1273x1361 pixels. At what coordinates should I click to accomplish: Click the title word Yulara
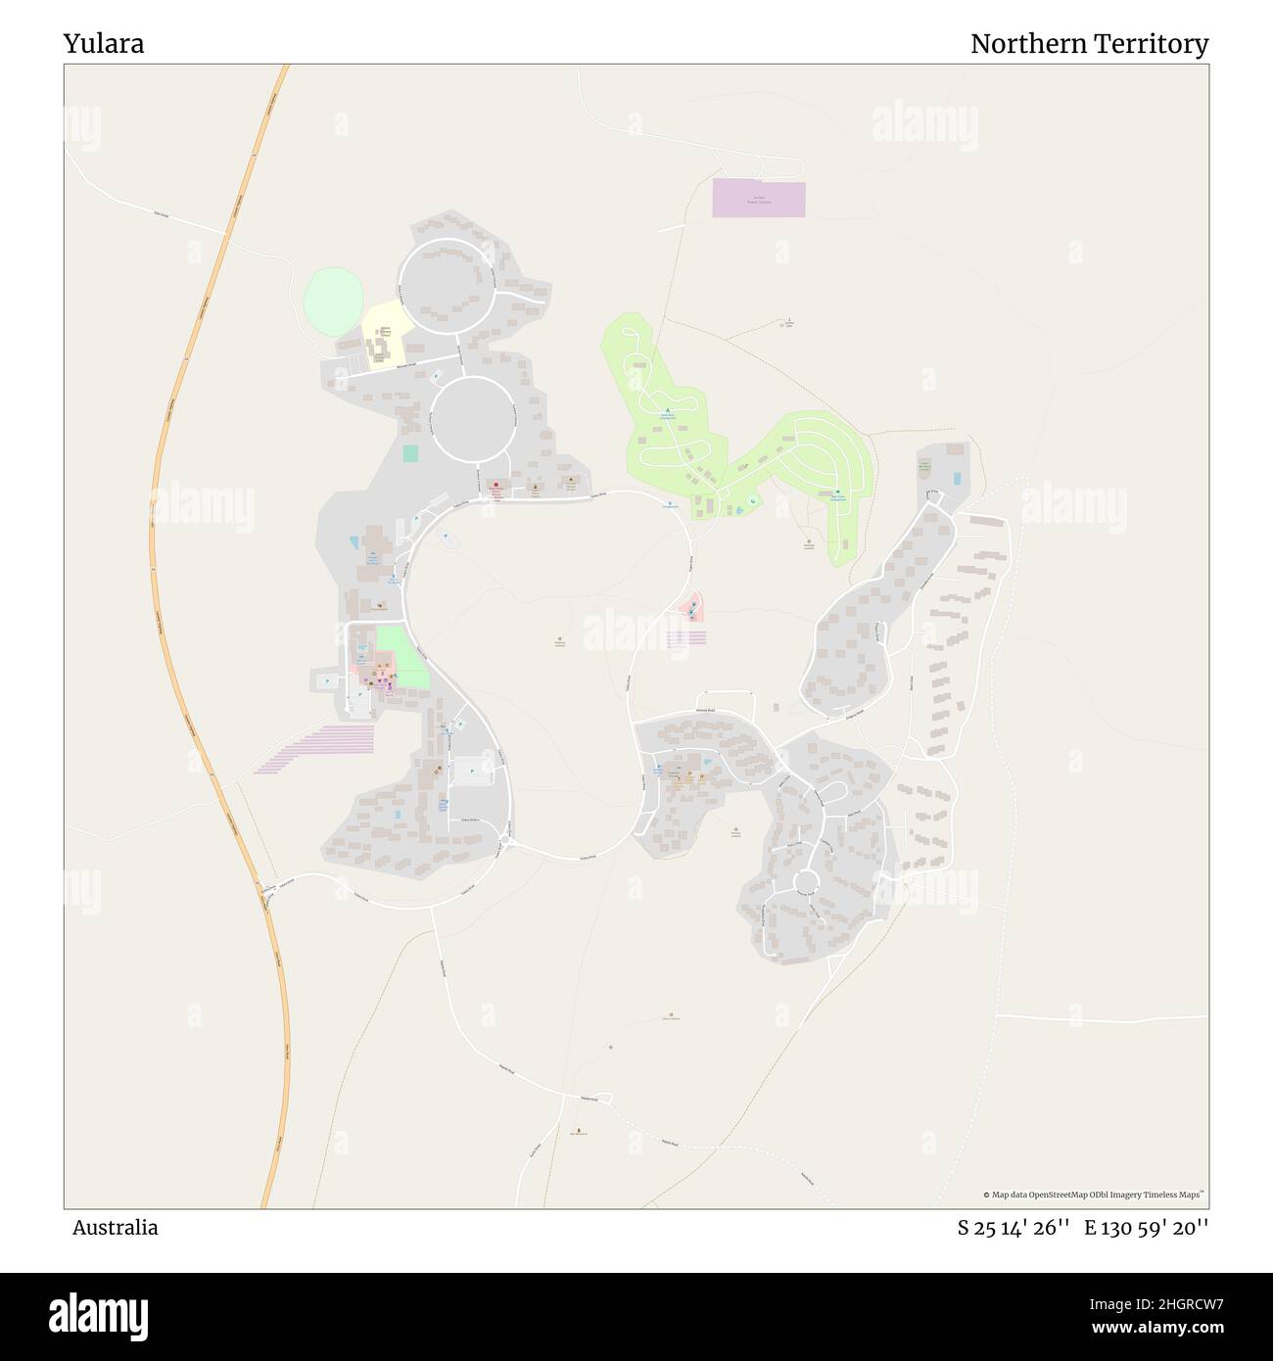coord(104,44)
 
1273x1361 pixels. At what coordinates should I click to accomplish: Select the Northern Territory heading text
coord(1089,44)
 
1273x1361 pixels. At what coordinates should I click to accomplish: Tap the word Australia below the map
coord(115,1227)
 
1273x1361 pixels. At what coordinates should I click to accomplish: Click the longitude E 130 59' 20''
coord(1146,1228)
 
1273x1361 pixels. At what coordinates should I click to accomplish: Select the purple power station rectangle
coord(758,199)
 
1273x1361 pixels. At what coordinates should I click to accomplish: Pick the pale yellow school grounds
coord(384,334)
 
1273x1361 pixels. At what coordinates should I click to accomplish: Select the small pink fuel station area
coord(691,607)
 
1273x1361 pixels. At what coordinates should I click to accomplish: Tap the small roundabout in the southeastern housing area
coord(805,882)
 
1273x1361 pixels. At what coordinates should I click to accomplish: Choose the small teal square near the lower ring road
coord(409,453)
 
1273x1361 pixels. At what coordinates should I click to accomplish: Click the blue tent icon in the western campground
coord(668,410)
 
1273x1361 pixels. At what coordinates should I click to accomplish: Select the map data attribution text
coord(1094,1195)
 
